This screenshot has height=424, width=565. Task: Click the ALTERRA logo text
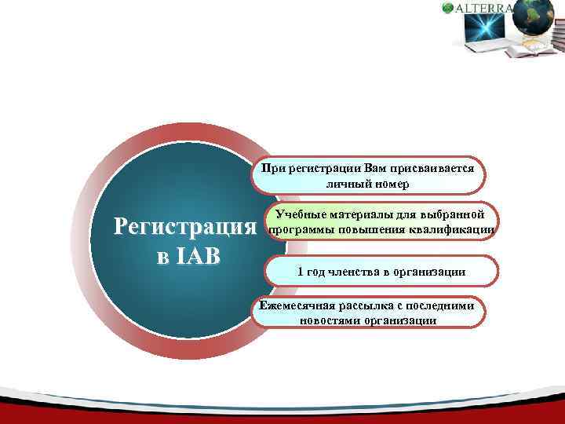[x=484, y=9]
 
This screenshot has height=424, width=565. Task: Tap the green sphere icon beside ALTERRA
[x=448, y=9]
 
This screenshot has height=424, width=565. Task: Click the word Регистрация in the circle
[x=185, y=228]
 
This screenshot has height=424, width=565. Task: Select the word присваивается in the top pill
[x=427, y=167]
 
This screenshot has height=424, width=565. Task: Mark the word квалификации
[x=456, y=230]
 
